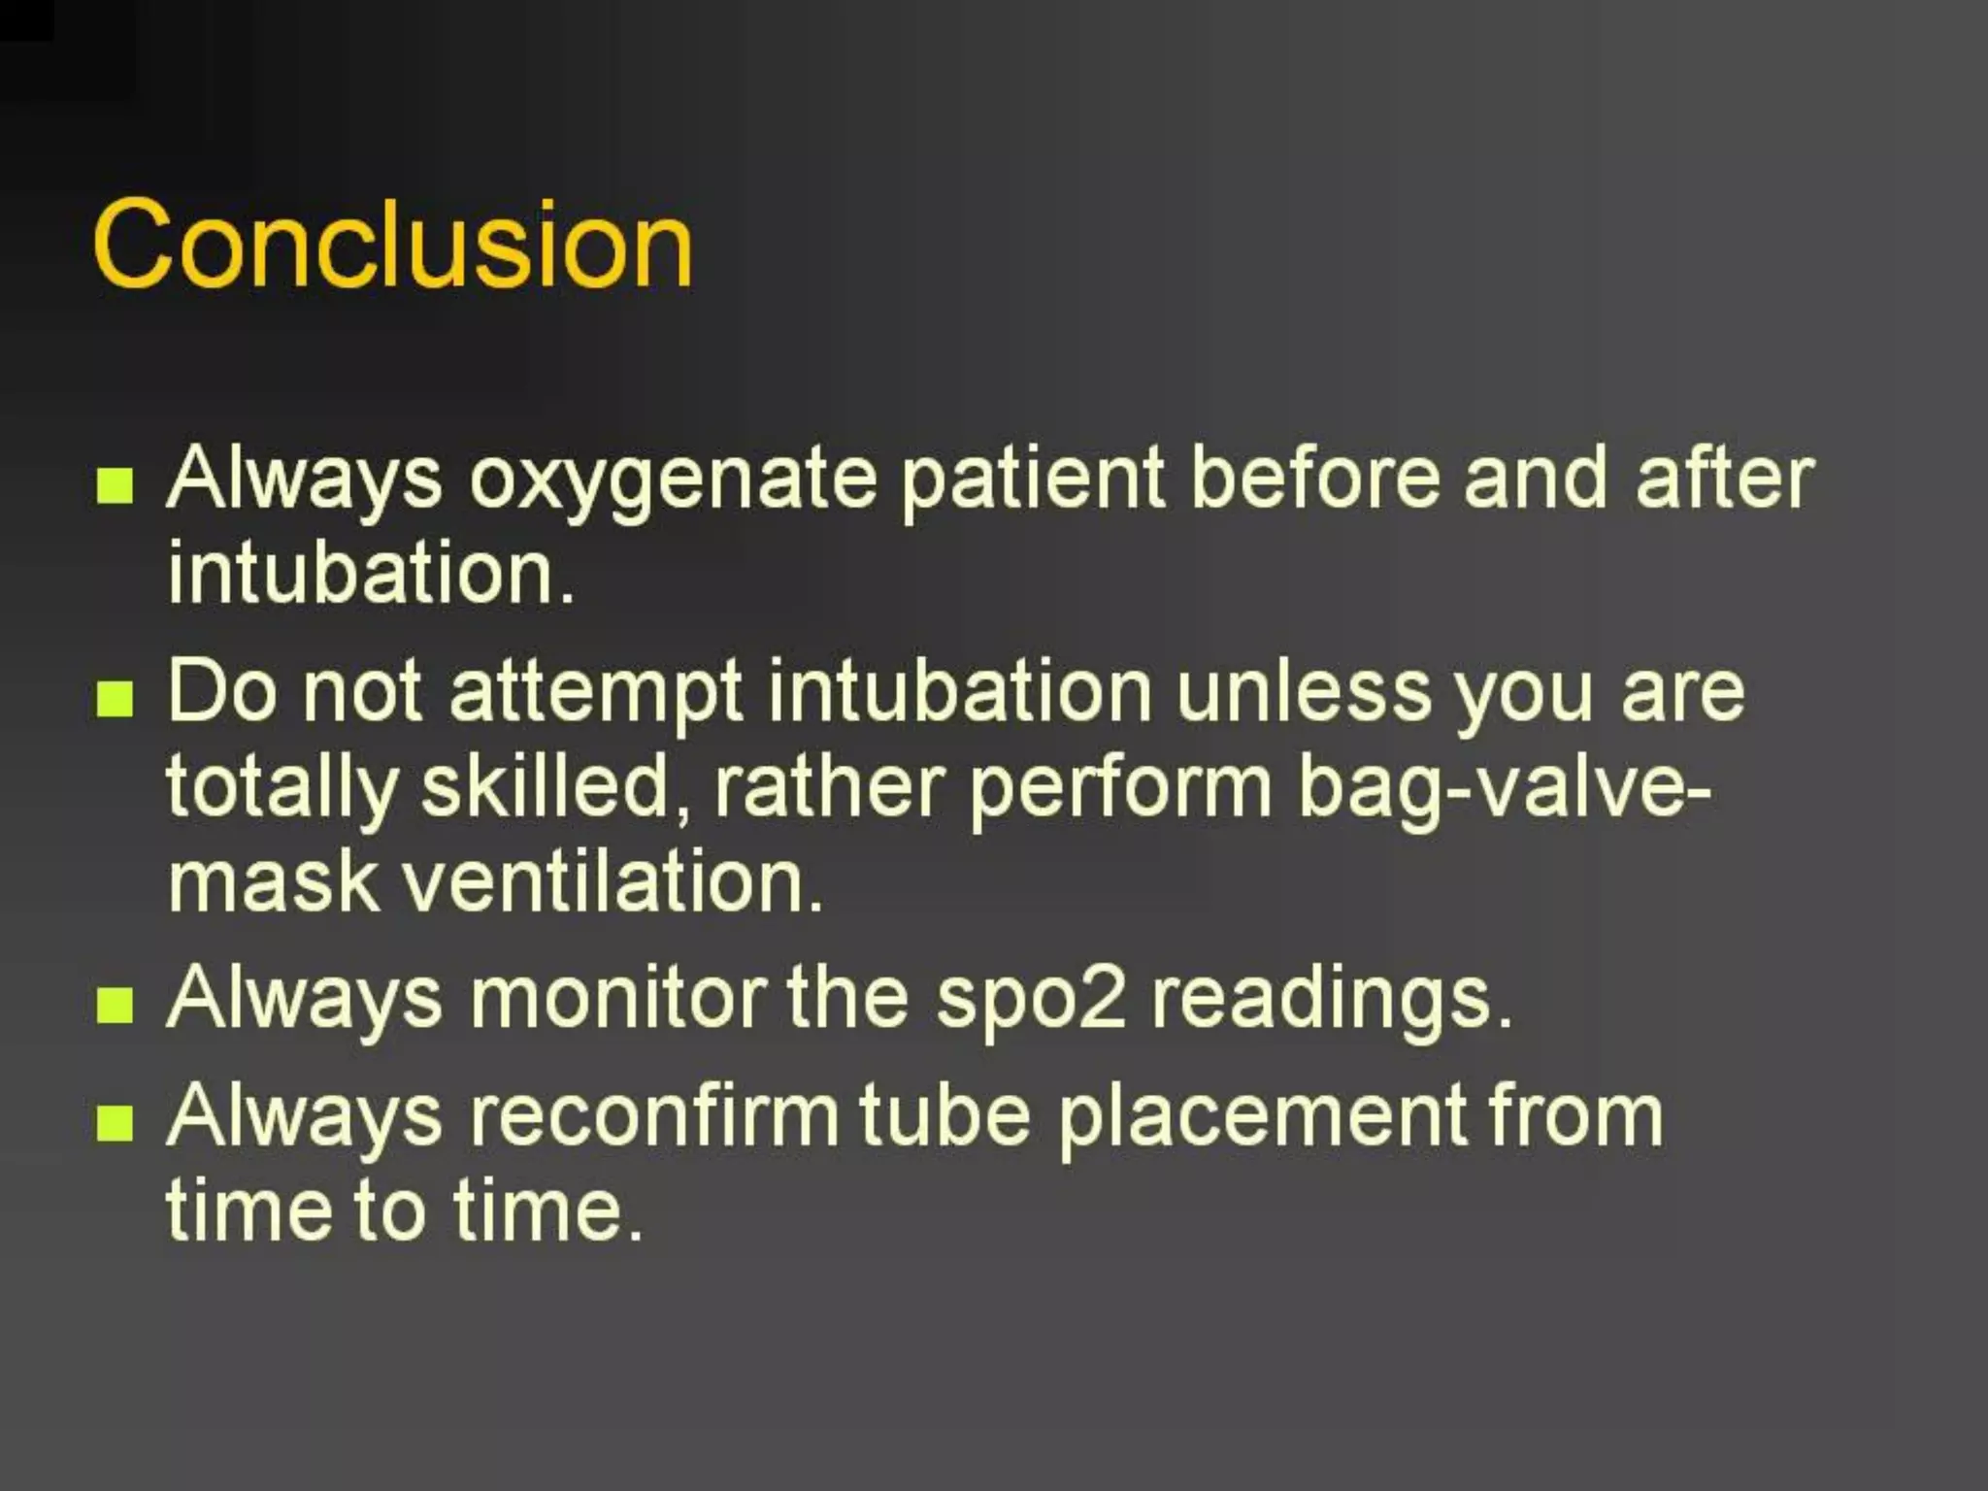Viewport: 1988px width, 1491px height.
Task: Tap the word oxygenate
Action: click(672, 481)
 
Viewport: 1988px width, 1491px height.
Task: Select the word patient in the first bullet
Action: click(1032, 481)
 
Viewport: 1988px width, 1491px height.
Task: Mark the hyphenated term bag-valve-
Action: click(1505, 788)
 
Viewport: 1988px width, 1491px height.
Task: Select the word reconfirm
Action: click(653, 1115)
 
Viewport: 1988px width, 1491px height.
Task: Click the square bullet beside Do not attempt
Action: click(115, 698)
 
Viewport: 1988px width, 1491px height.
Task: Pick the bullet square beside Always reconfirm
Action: click(115, 1123)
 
